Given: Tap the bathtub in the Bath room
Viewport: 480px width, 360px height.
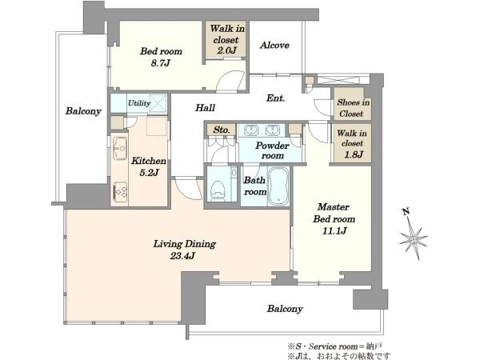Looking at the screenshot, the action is [x=278, y=186].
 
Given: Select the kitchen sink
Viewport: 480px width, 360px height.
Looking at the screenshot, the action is [x=120, y=149].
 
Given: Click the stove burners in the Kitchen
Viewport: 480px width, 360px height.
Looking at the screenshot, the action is [x=120, y=192].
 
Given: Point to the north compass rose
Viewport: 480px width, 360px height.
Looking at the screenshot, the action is [x=413, y=238].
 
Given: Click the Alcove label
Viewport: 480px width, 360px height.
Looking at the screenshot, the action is [x=274, y=46].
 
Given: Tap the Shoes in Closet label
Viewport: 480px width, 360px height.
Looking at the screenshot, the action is [x=353, y=108].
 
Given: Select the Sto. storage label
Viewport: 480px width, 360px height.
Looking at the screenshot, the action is [x=222, y=130].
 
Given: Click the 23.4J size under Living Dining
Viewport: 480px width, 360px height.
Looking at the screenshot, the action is [x=182, y=256].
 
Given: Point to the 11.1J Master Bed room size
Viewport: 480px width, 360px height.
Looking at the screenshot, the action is [x=334, y=230].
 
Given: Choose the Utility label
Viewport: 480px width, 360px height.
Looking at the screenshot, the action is [x=139, y=103].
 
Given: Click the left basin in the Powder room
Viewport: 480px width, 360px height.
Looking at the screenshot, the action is [x=251, y=130].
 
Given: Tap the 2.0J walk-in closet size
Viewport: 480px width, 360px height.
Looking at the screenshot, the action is [x=227, y=50].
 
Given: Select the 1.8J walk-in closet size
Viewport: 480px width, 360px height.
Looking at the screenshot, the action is [x=354, y=154].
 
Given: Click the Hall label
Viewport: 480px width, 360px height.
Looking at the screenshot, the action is [x=205, y=108].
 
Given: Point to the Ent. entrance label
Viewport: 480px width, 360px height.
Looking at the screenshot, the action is [x=275, y=98].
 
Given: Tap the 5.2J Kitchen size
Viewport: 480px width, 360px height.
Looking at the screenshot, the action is [x=149, y=173].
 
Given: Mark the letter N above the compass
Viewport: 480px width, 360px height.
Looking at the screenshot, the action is [x=406, y=212].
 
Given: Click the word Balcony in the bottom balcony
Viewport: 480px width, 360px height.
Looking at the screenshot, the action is [x=285, y=309].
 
